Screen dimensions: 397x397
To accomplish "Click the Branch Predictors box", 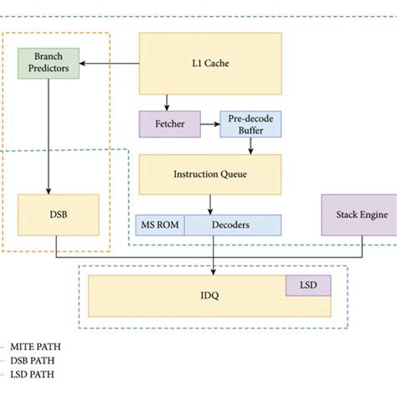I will (x=49, y=62).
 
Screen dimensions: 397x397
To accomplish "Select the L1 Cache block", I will (x=209, y=63).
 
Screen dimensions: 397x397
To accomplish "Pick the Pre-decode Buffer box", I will (x=250, y=125).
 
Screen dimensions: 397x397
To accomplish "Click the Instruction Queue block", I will (x=209, y=174).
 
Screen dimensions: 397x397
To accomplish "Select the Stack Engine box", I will (x=363, y=214).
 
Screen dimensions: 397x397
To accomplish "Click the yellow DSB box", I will (x=58, y=214).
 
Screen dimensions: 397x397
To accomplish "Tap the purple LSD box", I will (x=308, y=286).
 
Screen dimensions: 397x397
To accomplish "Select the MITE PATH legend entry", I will (x=35, y=345).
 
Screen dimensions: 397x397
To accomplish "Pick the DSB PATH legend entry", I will (x=34, y=360).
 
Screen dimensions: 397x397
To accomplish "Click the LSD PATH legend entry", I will (x=33, y=375).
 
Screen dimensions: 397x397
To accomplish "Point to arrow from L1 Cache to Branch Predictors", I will (x=109, y=63).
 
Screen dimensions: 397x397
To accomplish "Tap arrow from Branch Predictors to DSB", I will (x=49, y=134).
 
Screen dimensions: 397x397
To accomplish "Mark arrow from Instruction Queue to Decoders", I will (x=209, y=204).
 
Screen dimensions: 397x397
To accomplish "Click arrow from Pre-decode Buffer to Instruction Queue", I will (x=250, y=145).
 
